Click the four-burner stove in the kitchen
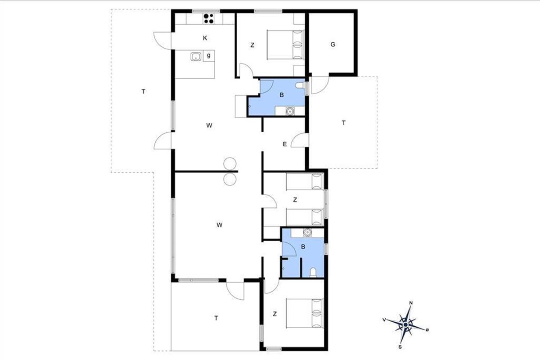(209, 18)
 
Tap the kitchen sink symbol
(196, 57)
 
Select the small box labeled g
(209, 56)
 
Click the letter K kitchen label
(205, 38)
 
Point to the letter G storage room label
(333, 45)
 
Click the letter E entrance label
(285, 144)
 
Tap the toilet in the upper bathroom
(301, 85)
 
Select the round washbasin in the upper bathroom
(290, 111)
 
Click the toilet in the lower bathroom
(313, 272)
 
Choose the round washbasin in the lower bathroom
(307, 232)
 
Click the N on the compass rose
(411, 303)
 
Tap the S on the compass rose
(400, 347)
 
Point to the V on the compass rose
(384, 320)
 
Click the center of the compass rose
(405, 325)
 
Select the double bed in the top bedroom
(285, 45)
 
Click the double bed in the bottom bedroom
(305, 313)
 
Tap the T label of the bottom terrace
(216, 318)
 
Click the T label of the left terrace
(144, 92)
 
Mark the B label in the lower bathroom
(303, 247)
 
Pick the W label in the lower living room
(220, 225)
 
